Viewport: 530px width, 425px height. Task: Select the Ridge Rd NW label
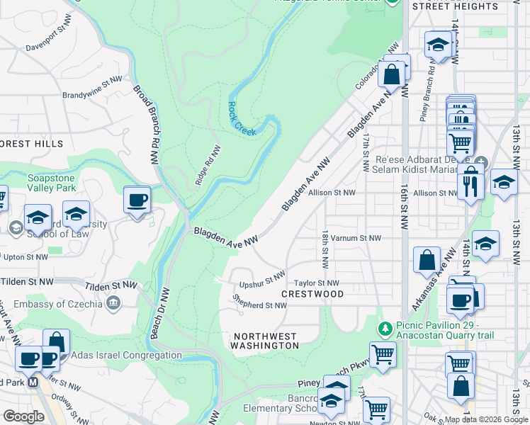click(208, 165)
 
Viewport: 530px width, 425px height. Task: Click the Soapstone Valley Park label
click(51, 184)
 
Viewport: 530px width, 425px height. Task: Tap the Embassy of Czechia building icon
click(113, 304)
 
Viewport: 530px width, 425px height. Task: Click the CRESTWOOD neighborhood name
click(312, 294)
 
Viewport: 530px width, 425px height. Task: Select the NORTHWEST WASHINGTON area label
click(265, 341)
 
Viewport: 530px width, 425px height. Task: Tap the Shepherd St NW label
click(259, 302)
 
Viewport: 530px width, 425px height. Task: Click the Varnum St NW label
click(356, 239)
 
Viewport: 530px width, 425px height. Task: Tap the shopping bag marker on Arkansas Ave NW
click(427, 260)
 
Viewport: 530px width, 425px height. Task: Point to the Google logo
click(24, 416)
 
